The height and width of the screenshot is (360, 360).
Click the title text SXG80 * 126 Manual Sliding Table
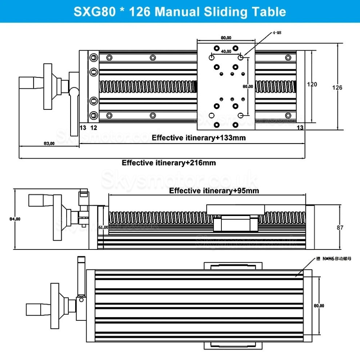(x=180, y=11)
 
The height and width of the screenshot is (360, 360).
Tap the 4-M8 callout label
(x=277, y=33)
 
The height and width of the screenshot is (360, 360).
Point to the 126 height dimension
(x=337, y=87)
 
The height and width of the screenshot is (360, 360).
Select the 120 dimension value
(x=312, y=84)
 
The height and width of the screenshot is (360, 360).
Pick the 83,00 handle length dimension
(x=49, y=143)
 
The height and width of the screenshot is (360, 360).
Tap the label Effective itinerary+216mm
(x=169, y=163)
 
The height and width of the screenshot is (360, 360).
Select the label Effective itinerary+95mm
(x=214, y=191)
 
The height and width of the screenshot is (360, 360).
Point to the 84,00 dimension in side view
(x=15, y=219)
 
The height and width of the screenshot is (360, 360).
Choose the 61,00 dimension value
(x=103, y=227)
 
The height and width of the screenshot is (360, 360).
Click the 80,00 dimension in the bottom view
(x=319, y=306)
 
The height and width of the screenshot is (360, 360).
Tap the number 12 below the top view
(x=93, y=127)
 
